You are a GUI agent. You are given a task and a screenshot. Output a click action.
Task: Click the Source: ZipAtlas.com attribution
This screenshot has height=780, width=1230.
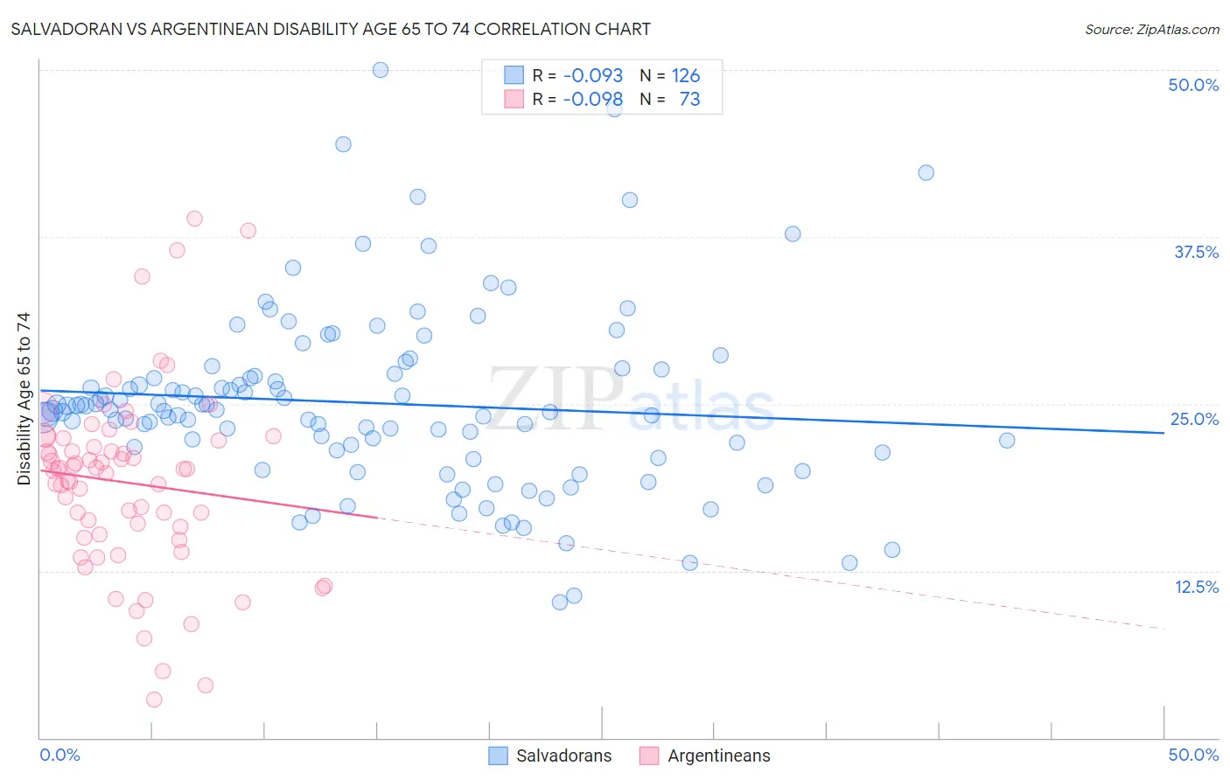[1151, 30]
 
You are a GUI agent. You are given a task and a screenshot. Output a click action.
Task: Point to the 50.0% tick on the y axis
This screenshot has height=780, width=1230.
[1193, 86]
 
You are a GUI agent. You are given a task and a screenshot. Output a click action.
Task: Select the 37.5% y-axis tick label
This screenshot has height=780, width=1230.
[1196, 252]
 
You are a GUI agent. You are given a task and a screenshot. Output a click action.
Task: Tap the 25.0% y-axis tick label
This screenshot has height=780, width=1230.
[1194, 419]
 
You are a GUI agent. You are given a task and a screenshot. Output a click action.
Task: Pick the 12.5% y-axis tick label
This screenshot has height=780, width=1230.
[1196, 587]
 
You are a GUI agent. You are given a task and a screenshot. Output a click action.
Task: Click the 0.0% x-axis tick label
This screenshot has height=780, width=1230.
[59, 755]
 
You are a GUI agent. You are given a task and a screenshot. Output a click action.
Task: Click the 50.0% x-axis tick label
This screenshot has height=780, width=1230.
[1193, 755]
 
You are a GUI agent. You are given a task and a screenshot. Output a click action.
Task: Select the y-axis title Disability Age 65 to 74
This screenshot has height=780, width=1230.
[24, 399]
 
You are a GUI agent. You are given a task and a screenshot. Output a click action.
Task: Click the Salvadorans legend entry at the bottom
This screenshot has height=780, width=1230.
[549, 756]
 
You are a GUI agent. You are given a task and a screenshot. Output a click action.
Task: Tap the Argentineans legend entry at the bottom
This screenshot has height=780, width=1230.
[705, 756]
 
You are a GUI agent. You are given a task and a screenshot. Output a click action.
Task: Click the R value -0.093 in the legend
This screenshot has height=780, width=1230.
[592, 76]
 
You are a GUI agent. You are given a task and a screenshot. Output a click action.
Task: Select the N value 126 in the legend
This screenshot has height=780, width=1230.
[686, 76]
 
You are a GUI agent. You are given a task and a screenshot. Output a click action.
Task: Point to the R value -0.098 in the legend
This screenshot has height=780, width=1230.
[592, 100]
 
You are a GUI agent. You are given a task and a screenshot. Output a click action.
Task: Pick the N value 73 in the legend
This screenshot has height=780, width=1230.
[689, 100]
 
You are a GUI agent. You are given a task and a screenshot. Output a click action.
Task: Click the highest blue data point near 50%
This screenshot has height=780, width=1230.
[381, 70]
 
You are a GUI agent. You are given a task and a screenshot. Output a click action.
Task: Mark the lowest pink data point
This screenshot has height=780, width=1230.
[154, 700]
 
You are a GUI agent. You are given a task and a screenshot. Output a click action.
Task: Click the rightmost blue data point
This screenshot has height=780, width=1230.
[1007, 441]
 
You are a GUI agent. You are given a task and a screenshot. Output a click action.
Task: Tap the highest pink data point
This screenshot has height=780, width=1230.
[194, 219]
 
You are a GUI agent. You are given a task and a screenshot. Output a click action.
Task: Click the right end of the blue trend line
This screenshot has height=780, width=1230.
[1164, 433]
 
